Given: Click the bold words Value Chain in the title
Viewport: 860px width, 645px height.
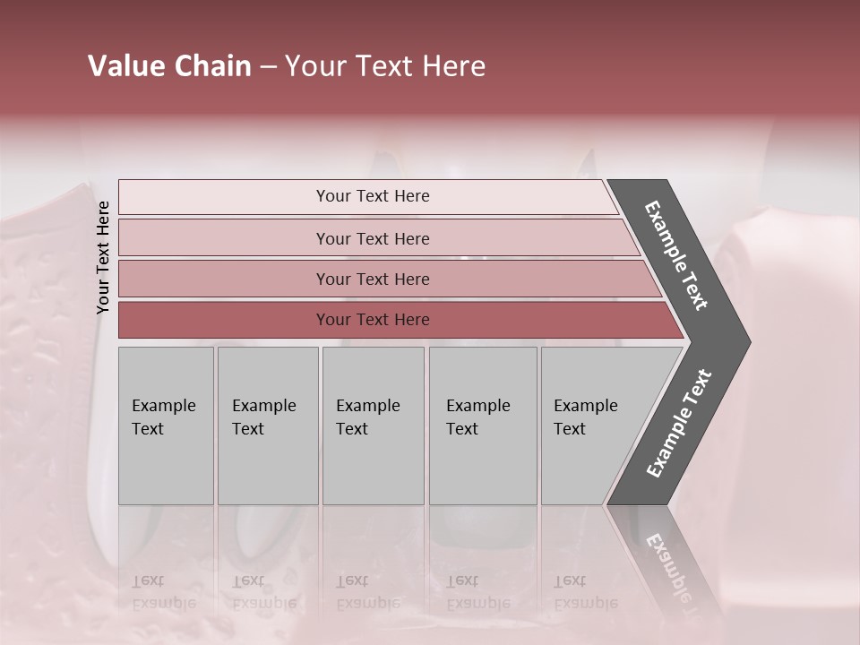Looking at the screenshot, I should pos(169,66).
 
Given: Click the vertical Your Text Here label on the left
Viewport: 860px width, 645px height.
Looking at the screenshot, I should pos(103,257).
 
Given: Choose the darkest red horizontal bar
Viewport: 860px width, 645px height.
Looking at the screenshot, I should pos(224,320).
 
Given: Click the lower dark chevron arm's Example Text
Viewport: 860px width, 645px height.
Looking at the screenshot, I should pos(678,423).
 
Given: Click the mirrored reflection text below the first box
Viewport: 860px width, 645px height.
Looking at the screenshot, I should pos(163,592).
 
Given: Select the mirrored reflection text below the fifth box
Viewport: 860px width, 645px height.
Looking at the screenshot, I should pos(585,592).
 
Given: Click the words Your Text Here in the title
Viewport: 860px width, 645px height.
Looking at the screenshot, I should pos(385,66).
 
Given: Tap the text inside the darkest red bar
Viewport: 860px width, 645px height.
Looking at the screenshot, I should pos(373,320).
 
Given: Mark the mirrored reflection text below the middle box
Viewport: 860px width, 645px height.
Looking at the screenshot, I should pos(367,592).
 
